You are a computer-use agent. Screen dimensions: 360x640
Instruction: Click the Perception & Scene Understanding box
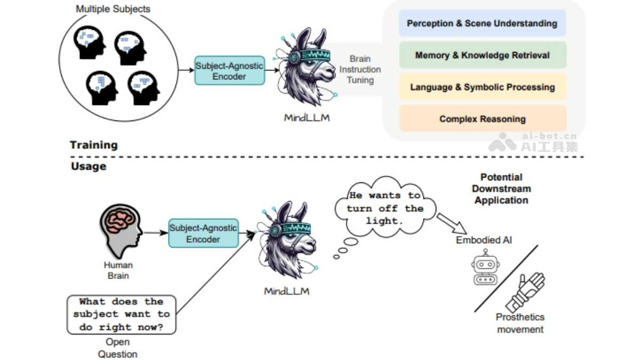tap(482, 23)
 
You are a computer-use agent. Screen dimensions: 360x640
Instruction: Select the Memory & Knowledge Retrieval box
tap(482, 55)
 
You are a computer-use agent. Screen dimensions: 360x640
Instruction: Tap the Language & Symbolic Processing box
tap(482, 87)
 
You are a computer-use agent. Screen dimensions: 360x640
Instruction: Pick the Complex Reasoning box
tap(482, 119)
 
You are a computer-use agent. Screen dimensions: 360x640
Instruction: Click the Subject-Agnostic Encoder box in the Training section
tap(229, 71)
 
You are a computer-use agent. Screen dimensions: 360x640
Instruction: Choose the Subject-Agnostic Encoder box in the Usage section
tap(203, 234)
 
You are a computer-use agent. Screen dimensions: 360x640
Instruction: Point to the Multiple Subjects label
tap(113, 9)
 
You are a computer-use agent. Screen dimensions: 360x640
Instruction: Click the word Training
tap(93, 145)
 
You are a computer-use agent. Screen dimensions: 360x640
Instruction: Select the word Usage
tap(89, 166)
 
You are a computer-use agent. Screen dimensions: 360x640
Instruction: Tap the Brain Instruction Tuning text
tap(361, 69)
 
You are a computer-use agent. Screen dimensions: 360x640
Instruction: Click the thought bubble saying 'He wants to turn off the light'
tap(385, 207)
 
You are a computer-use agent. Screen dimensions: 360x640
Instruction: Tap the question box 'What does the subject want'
tap(121, 315)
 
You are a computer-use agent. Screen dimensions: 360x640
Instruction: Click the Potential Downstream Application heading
tap(501, 189)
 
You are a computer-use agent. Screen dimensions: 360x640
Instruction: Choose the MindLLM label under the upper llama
tap(307, 117)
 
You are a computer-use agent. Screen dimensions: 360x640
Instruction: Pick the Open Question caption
tap(117, 348)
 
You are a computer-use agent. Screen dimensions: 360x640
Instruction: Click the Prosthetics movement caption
tap(520, 323)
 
